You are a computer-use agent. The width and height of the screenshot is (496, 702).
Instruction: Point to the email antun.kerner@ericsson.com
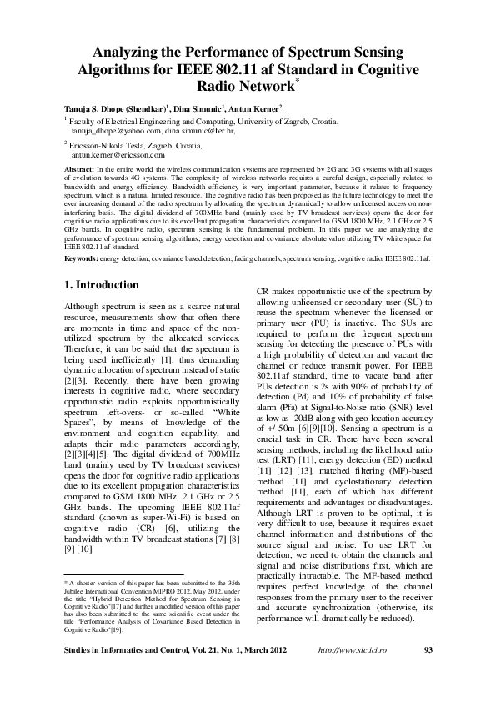118,154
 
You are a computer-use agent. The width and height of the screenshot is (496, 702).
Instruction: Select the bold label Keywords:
81,259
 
